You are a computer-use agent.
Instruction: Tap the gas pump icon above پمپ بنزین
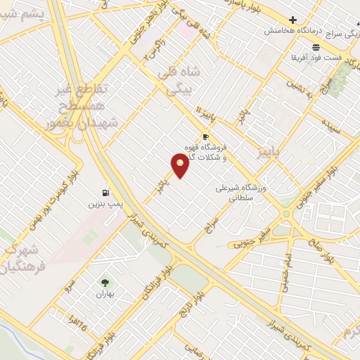pyautogui.click(x=105, y=193)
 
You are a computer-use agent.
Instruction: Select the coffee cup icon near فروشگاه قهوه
pyautogui.click(x=205, y=137)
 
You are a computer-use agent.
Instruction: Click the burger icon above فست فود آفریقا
pyautogui.click(x=316, y=46)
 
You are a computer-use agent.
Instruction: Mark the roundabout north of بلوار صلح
pyautogui.click(x=285, y=213)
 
